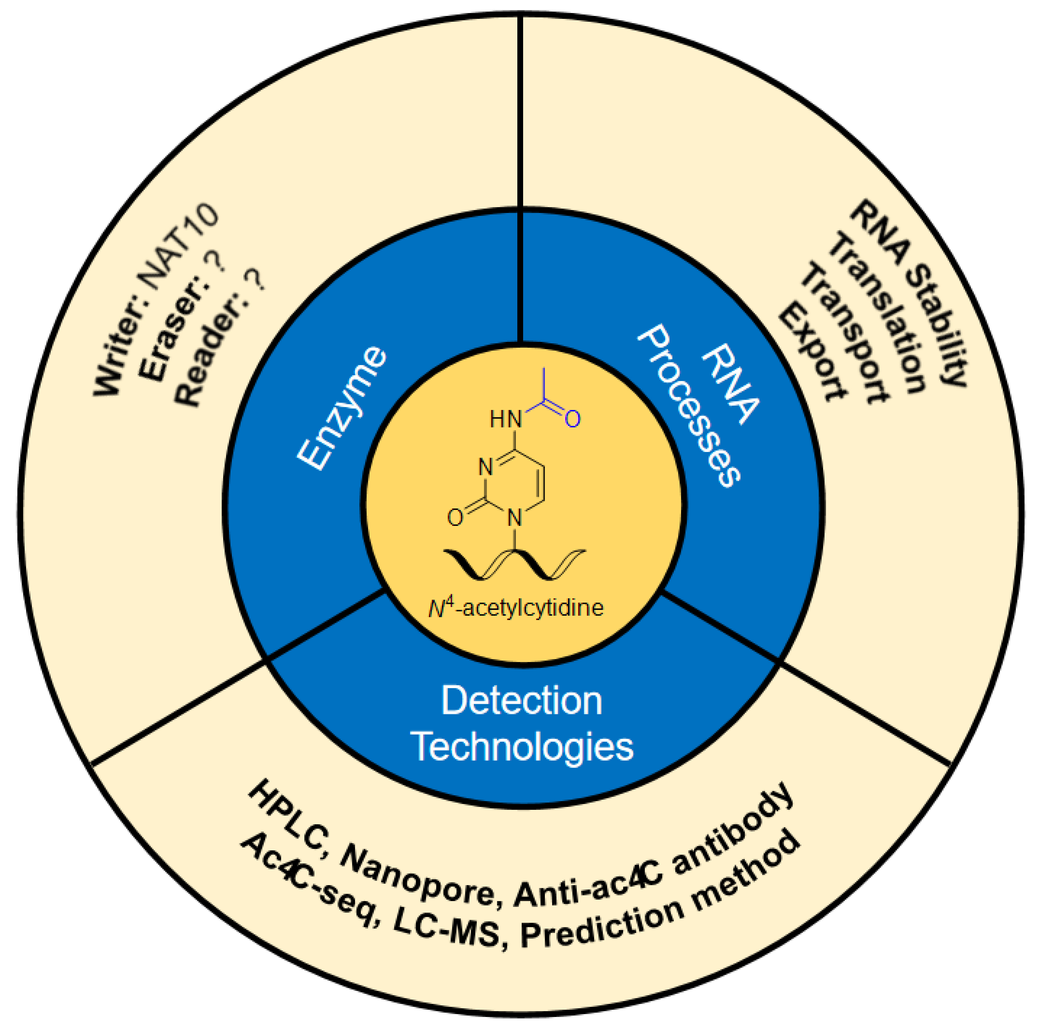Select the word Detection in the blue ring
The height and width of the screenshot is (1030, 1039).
click(x=521, y=700)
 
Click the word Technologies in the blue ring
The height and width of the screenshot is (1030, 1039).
click(x=521, y=747)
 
